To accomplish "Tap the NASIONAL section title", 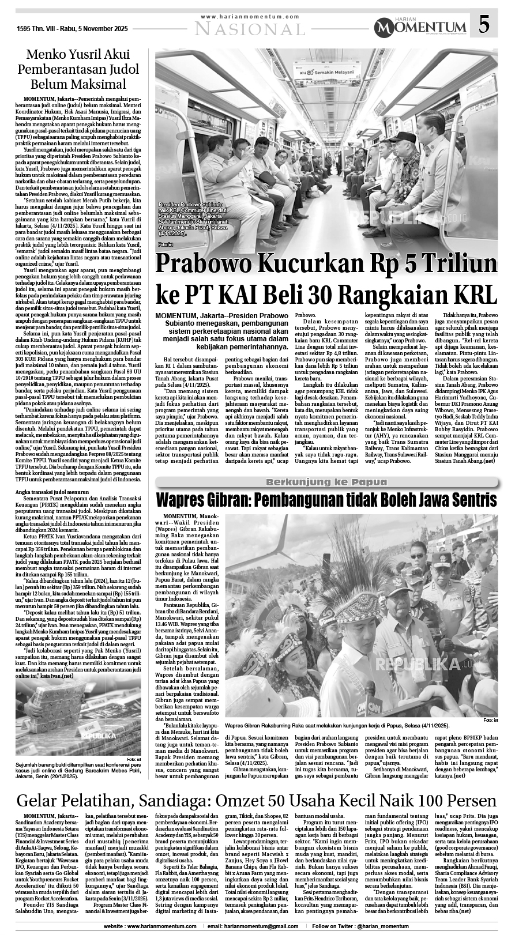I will [x=249, y=28].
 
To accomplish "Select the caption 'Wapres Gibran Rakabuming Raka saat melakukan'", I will [x=337, y=726].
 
